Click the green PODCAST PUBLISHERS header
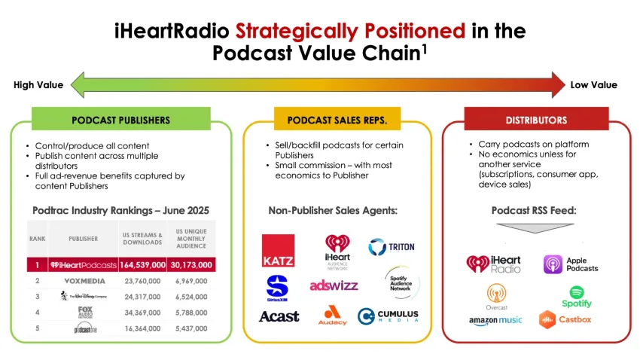(120, 120)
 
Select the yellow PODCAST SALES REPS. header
(337, 120)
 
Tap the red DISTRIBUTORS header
(536, 120)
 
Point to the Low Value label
(593, 85)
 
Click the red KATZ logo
(278, 251)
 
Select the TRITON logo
(391, 246)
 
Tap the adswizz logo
(334, 285)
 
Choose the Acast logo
(279, 316)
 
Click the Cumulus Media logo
(388, 316)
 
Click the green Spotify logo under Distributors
(577, 296)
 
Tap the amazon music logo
(495, 321)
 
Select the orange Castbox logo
(565, 320)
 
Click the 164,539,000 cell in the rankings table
(142, 265)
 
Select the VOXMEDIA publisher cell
(84, 281)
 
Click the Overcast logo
(496, 297)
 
